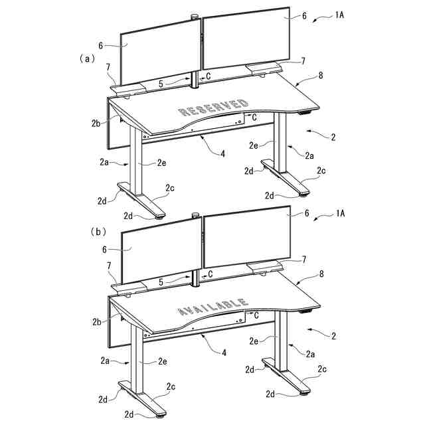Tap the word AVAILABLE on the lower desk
(x=212, y=306)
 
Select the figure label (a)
(x=84, y=58)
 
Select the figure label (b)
(x=98, y=232)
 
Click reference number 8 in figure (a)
(x=321, y=76)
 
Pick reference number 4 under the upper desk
(x=223, y=153)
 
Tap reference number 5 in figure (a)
(x=161, y=84)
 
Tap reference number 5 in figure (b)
(x=161, y=282)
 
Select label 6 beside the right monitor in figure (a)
(x=304, y=15)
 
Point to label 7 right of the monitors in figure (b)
(x=303, y=259)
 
